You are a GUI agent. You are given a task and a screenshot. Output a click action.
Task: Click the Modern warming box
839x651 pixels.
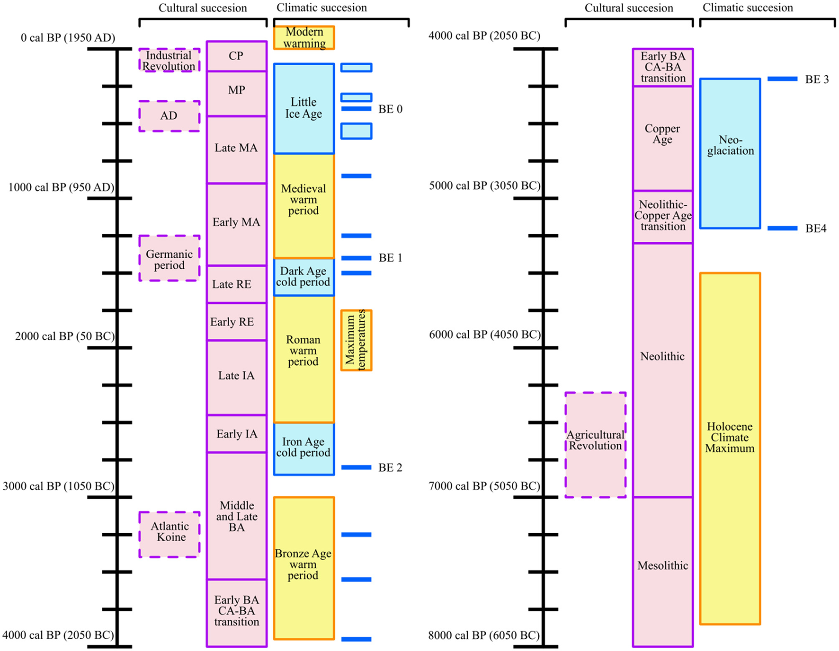(x=304, y=38)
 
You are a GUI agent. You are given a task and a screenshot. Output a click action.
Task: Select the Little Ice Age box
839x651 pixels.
(x=304, y=108)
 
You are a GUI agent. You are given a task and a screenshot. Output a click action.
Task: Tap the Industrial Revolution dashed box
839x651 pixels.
(x=169, y=61)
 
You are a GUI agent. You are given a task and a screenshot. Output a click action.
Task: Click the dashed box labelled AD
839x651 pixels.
(x=169, y=116)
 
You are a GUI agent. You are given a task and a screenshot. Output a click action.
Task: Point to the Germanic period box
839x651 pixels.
(x=169, y=259)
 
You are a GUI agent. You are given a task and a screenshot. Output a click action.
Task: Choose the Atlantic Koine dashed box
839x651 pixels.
(x=169, y=534)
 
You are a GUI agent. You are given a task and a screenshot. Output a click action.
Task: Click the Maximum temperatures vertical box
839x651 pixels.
(x=356, y=340)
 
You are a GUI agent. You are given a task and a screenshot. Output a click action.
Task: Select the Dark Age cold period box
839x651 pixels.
(x=304, y=277)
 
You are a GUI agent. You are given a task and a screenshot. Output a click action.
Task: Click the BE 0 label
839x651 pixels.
(x=390, y=109)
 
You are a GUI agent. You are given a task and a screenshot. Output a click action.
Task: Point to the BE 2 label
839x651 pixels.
(x=390, y=468)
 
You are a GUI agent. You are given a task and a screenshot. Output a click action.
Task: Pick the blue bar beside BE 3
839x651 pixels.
(x=782, y=79)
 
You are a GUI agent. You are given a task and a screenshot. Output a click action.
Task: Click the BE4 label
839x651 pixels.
(x=815, y=229)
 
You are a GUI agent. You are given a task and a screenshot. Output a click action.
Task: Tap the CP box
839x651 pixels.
(x=236, y=56)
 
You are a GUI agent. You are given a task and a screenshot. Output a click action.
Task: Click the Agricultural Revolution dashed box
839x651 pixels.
(x=595, y=444)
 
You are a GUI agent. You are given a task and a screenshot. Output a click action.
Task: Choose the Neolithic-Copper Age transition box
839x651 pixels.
(x=662, y=216)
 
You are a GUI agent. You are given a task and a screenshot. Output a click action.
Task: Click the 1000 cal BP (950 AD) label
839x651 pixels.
(x=61, y=187)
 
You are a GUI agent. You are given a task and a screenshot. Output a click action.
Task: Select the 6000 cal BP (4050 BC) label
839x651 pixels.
(x=484, y=335)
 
